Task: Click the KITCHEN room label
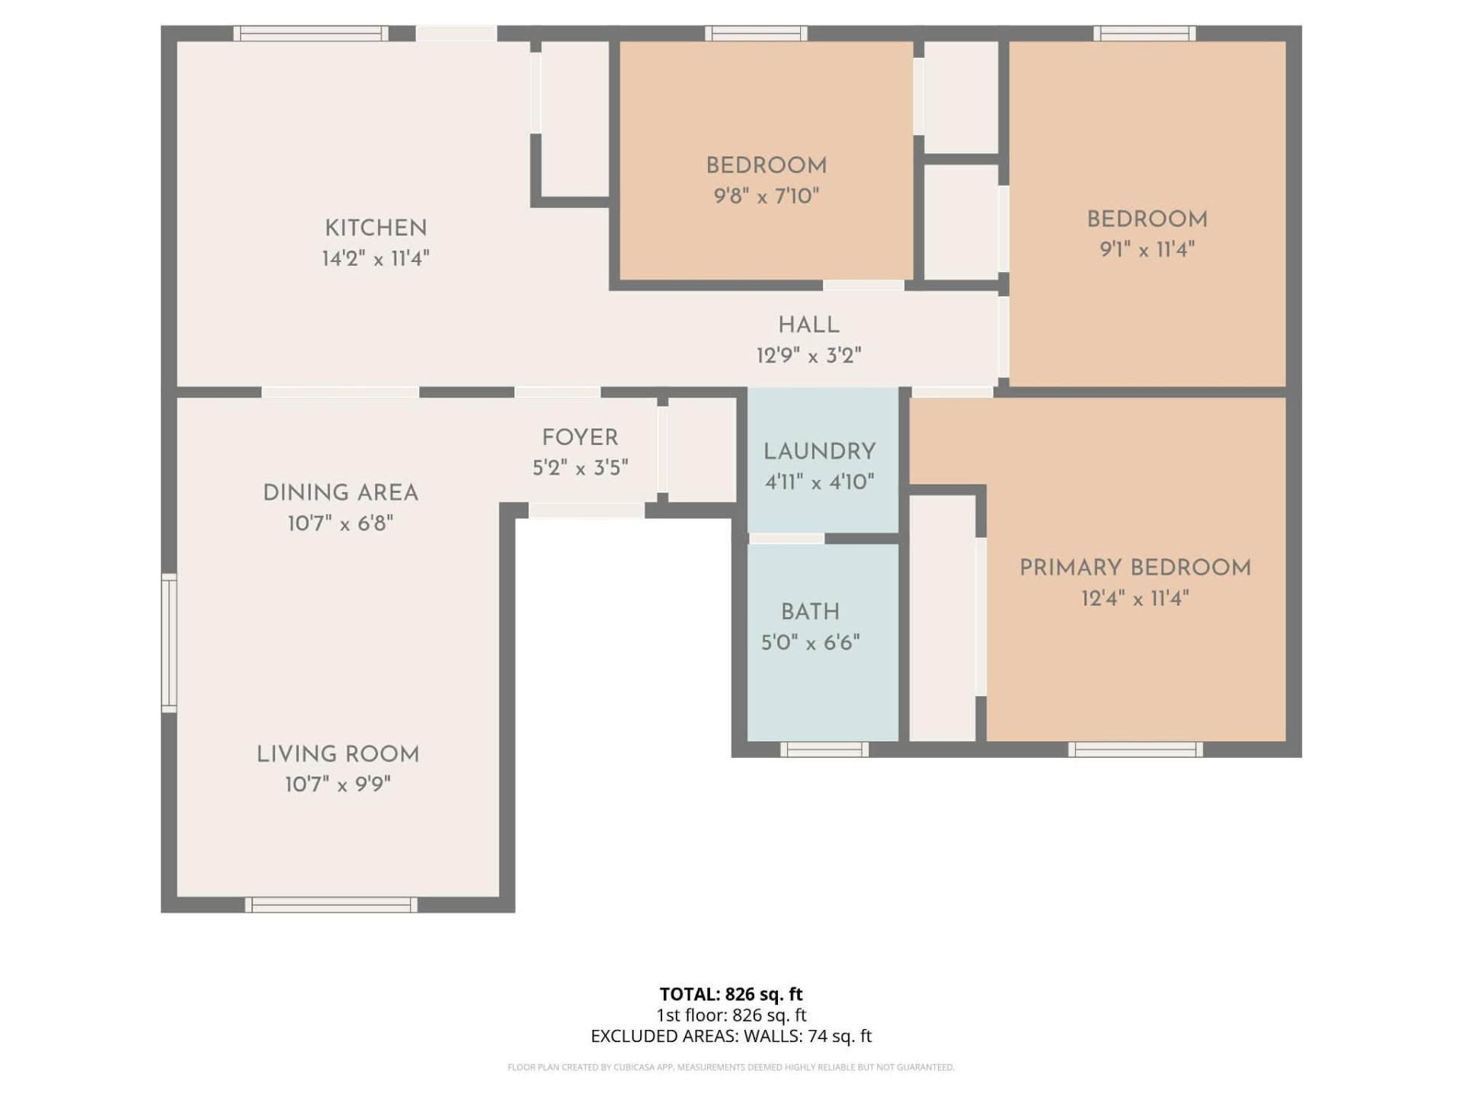[376, 228]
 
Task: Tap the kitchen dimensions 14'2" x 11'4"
[376, 258]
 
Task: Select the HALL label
[808, 325]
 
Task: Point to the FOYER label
[580, 437]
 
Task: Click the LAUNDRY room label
[820, 452]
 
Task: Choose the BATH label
[810, 612]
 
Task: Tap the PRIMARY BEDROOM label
[1135, 568]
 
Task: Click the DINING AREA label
[341, 493]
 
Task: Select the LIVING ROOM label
[338, 754]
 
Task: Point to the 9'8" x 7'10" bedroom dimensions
[766, 196]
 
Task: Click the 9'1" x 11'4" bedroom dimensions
[1147, 249]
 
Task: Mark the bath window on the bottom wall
[824, 750]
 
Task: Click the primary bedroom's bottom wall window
[1135, 750]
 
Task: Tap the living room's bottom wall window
[331, 905]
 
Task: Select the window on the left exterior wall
[169, 643]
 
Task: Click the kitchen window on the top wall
[311, 34]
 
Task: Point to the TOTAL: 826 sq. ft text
[731, 994]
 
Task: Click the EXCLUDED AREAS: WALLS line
[731, 1036]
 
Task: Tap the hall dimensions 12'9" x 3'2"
[808, 356]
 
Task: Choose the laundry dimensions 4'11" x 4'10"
[820, 481]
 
